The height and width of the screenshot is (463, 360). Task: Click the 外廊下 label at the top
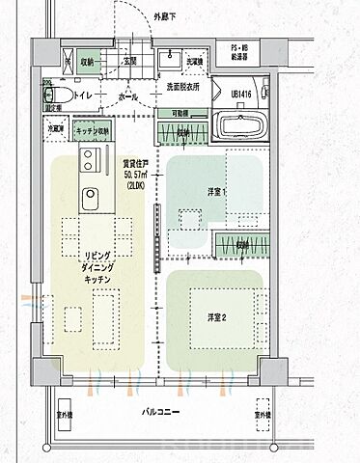pos(166,17)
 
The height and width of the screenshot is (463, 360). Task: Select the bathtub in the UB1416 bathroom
pos(244,126)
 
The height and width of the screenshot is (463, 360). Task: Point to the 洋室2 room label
pos(217,316)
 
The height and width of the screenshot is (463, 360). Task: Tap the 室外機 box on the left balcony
pos(67,412)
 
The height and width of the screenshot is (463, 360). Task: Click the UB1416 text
pos(241,94)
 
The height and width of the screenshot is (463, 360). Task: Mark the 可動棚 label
pos(180,113)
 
